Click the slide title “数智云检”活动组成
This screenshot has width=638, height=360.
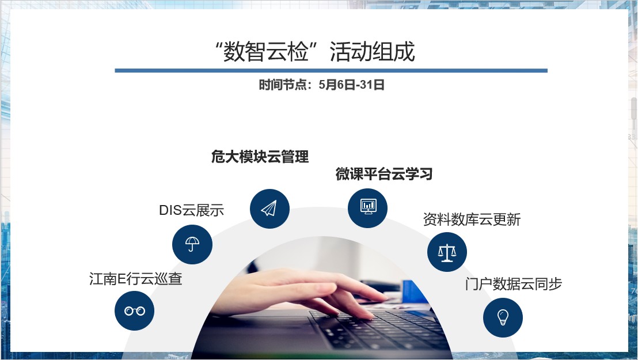point(315,51)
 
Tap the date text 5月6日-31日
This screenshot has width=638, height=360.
point(352,85)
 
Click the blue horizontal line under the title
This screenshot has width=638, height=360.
point(331,70)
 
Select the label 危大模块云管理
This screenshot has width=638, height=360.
point(260,157)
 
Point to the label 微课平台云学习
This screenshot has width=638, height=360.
point(384,174)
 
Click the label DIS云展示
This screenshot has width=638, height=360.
point(192,210)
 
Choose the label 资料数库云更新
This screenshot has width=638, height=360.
point(472,219)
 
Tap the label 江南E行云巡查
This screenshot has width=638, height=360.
point(135,279)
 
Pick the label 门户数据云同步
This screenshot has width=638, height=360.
point(514,284)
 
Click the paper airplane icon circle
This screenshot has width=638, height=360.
point(269,209)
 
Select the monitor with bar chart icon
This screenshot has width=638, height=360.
point(369,206)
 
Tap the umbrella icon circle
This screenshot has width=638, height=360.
point(192,244)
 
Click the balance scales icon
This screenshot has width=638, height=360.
point(447,252)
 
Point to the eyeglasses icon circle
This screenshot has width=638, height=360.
point(135,310)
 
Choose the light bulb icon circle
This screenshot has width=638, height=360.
point(503,317)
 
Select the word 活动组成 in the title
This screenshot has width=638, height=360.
point(372,51)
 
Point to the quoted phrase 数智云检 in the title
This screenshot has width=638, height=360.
point(265,51)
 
